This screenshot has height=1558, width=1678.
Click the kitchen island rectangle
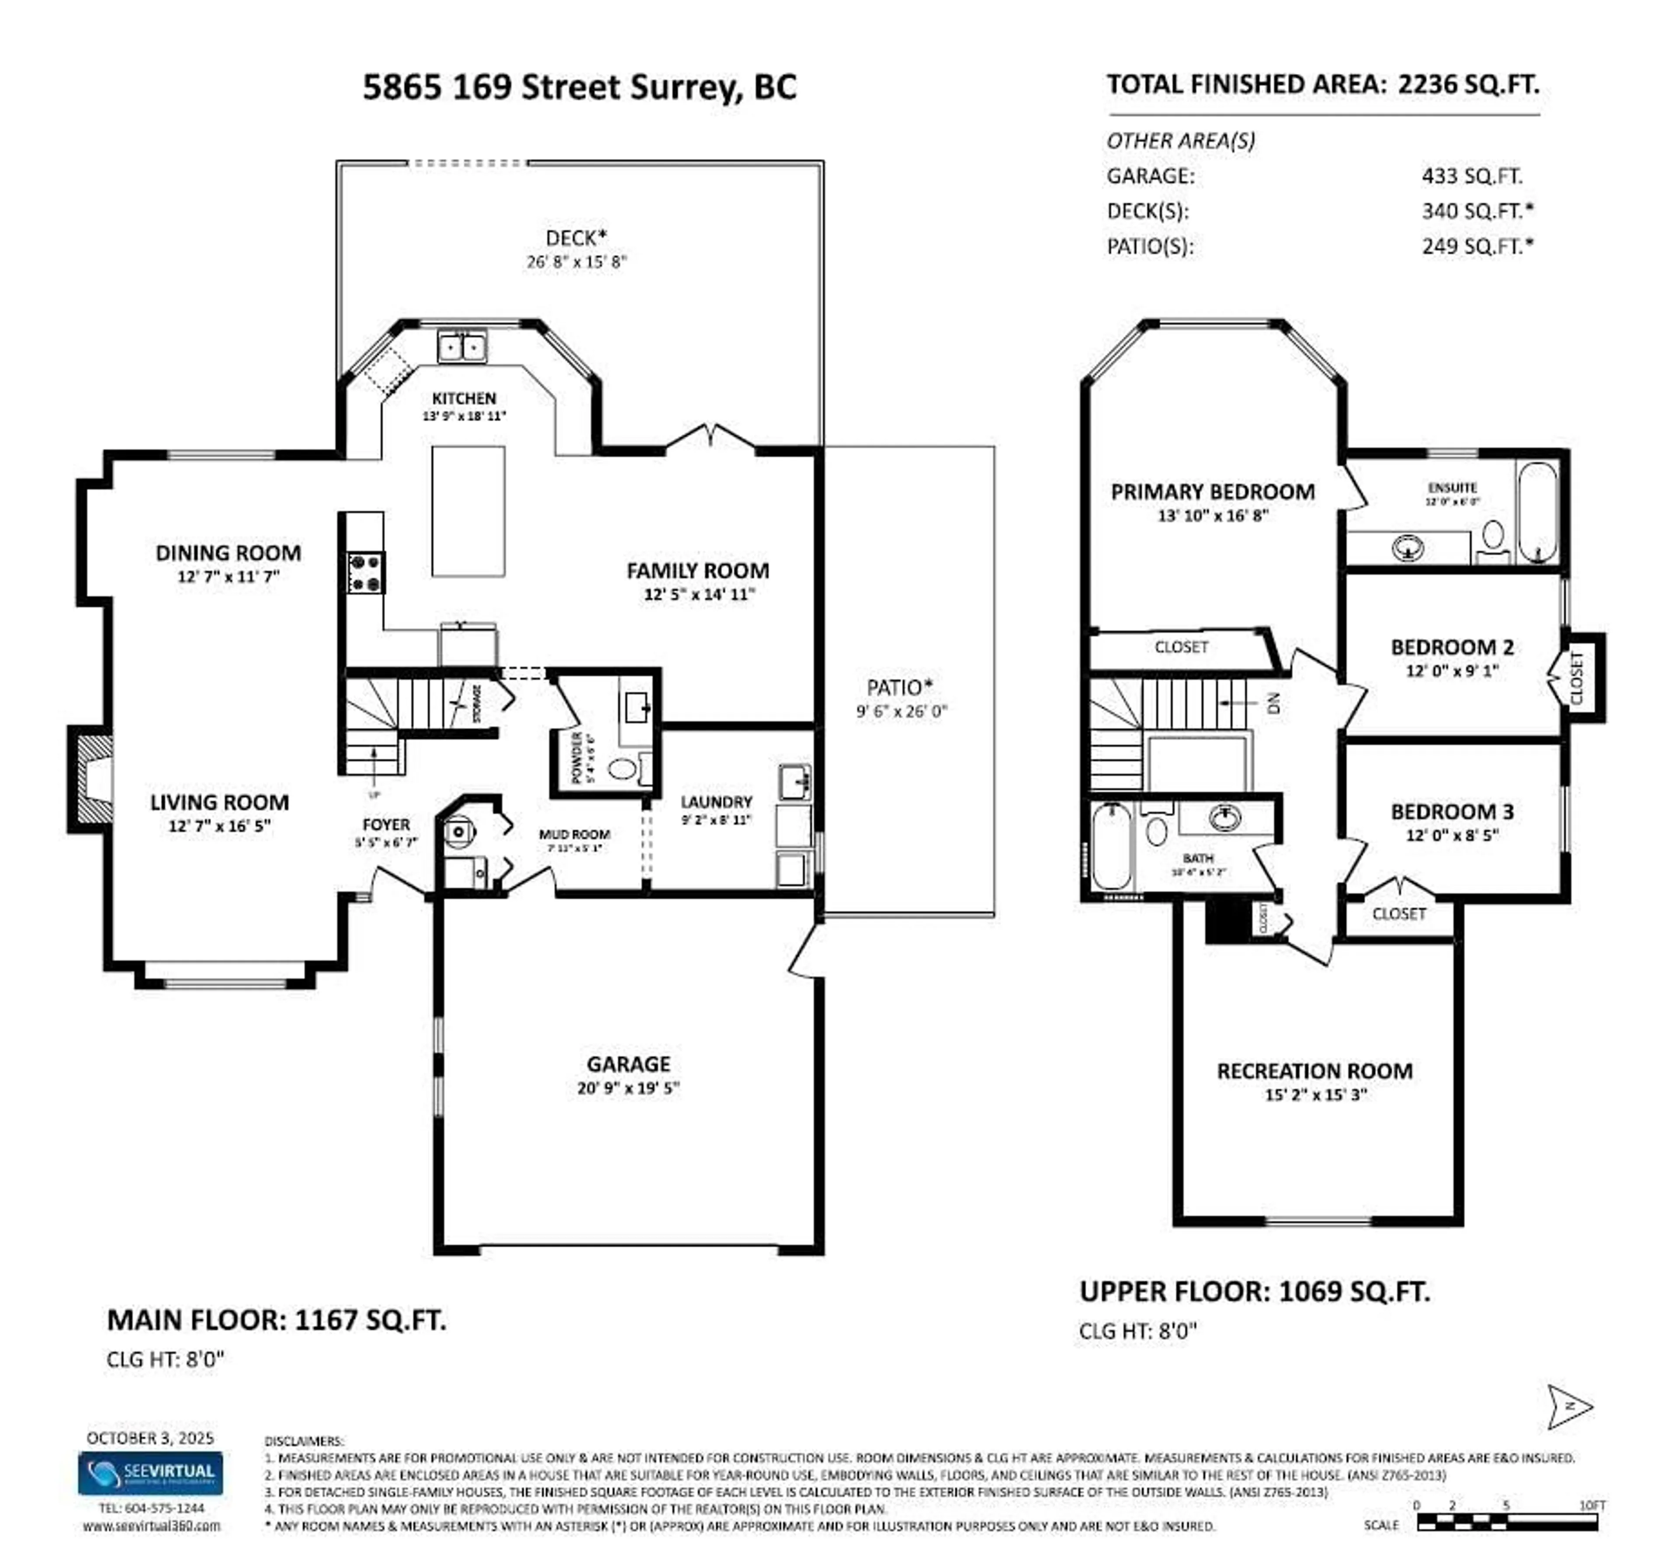[x=468, y=512]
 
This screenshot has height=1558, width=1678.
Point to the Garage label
[x=628, y=1064]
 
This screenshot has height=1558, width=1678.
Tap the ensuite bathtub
[x=1536, y=512]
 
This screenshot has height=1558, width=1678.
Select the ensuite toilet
[x=1492, y=538]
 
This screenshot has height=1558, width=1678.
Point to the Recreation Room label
[x=1314, y=1072]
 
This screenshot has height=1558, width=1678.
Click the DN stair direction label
[x=1273, y=702]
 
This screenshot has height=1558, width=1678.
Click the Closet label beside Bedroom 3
[x=1398, y=914]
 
